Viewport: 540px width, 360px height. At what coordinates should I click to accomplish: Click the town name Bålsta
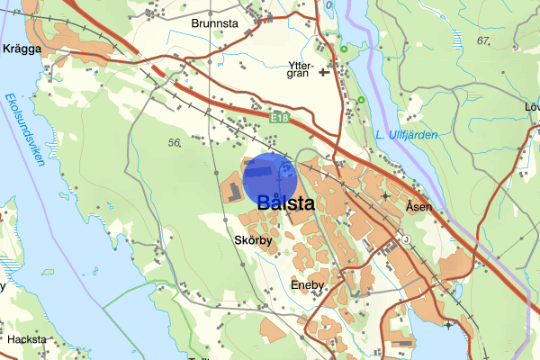coord(285,203)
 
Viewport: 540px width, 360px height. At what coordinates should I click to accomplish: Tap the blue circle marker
coord(270,178)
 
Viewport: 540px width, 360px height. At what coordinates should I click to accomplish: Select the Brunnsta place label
coord(214,25)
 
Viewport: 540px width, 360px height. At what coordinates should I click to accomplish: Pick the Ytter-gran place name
coord(300,68)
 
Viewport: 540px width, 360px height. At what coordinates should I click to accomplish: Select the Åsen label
coord(418,206)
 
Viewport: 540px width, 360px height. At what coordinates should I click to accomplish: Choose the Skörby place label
coord(252,241)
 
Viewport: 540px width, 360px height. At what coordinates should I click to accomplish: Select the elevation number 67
coord(484,41)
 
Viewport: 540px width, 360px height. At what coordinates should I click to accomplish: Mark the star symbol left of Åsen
coord(386,195)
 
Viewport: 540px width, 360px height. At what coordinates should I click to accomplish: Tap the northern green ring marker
coord(344,48)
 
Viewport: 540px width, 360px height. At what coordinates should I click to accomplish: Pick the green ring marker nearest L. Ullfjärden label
coord(361,99)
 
